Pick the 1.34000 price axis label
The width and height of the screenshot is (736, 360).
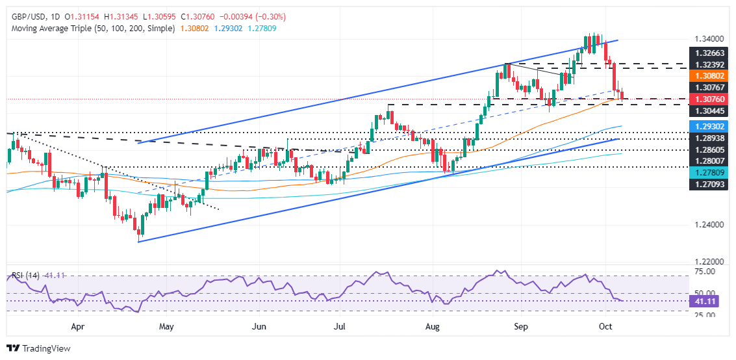point(708,39)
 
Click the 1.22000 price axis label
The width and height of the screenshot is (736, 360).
point(708,261)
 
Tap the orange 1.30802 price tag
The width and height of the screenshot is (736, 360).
point(708,75)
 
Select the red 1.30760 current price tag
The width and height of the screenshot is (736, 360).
point(708,99)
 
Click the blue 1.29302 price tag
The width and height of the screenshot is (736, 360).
point(708,126)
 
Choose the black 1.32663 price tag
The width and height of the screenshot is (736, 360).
point(708,52)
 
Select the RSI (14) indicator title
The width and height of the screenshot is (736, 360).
point(23,276)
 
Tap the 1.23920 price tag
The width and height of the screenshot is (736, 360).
point(708,66)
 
